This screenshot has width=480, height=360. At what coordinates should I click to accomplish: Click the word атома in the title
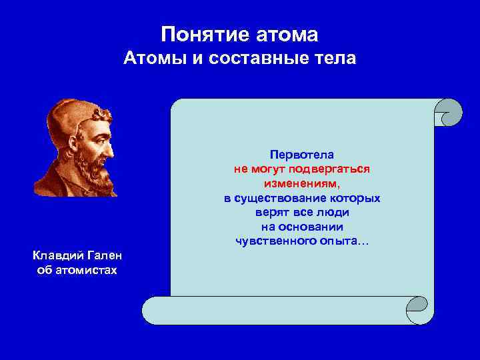[286, 33]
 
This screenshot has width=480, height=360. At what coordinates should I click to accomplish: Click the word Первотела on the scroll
[301, 155]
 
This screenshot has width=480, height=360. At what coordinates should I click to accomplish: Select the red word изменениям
[301, 183]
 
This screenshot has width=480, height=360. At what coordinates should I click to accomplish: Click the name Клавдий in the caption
[56, 256]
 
